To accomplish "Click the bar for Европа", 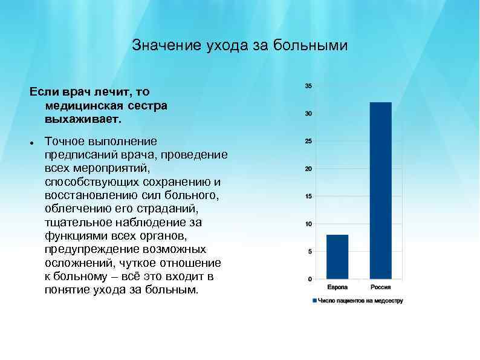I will pyautogui.click(x=337, y=257).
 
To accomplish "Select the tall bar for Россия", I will pyautogui.click(x=380, y=191).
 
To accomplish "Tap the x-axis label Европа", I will pyautogui.click(x=337, y=287).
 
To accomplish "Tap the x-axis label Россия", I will pyautogui.click(x=381, y=287).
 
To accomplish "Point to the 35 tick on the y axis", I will pyautogui.click(x=308, y=86).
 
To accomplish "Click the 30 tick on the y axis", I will pyautogui.click(x=308, y=114).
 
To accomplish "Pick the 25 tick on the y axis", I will pyautogui.click(x=308, y=142).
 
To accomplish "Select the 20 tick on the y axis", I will pyautogui.click(x=308, y=169).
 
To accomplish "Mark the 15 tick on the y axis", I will pyautogui.click(x=308, y=197).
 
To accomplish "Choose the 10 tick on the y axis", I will pyautogui.click(x=308, y=224).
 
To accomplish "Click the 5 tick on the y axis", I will pyautogui.click(x=310, y=252).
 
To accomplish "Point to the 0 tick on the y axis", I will pyautogui.click(x=310, y=279).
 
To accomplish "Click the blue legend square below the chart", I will pyautogui.click(x=314, y=301).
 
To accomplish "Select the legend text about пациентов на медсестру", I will pyautogui.click(x=360, y=301).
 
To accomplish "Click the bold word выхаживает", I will pyautogui.click(x=83, y=119).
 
